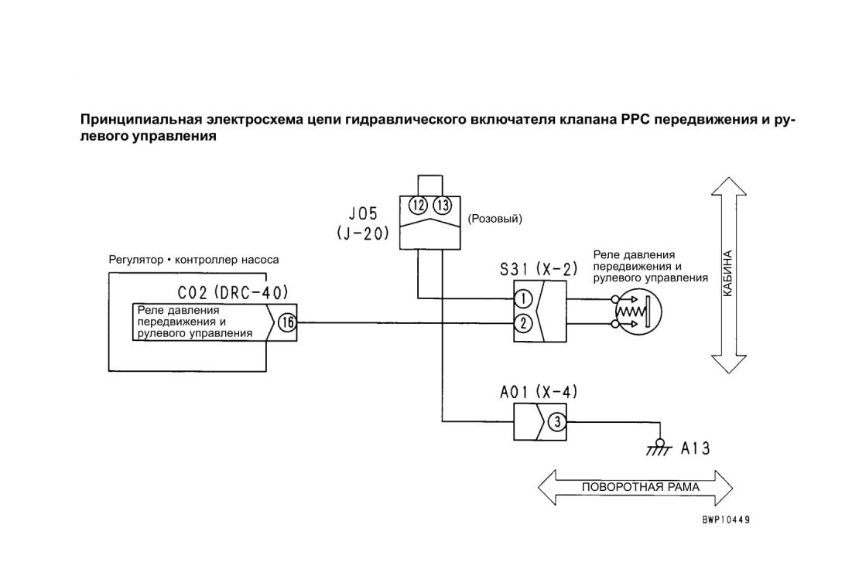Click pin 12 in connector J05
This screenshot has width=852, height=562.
click(x=419, y=206)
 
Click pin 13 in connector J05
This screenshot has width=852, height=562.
click(x=443, y=206)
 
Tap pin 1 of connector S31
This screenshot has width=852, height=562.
click(x=522, y=298)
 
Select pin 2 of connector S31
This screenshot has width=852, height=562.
click(x=522, y=324)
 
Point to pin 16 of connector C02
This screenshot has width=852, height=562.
click(x=287, y=323)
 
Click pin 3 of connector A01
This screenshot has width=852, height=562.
click(x=556, y=422)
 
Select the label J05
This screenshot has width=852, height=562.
click(x=363, y=213)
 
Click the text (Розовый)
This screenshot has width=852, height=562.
click(x=494, y=219)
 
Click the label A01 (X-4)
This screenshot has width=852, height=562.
click(x=539, y=392)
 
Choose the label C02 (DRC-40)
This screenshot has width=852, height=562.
click(x=233, y=293)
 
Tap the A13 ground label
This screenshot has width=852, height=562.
click(x=696, y=448)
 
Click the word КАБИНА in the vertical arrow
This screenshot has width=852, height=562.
click(x=728, y=274)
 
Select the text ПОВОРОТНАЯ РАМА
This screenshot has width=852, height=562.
click(x=641, y=487)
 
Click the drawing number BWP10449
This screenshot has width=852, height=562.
click(x=725, y=520)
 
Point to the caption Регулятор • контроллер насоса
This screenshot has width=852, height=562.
click(x=194, y=260)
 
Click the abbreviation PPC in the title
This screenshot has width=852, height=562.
click(x=634, y=120)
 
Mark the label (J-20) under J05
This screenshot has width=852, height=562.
click(x=363, y=234)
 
